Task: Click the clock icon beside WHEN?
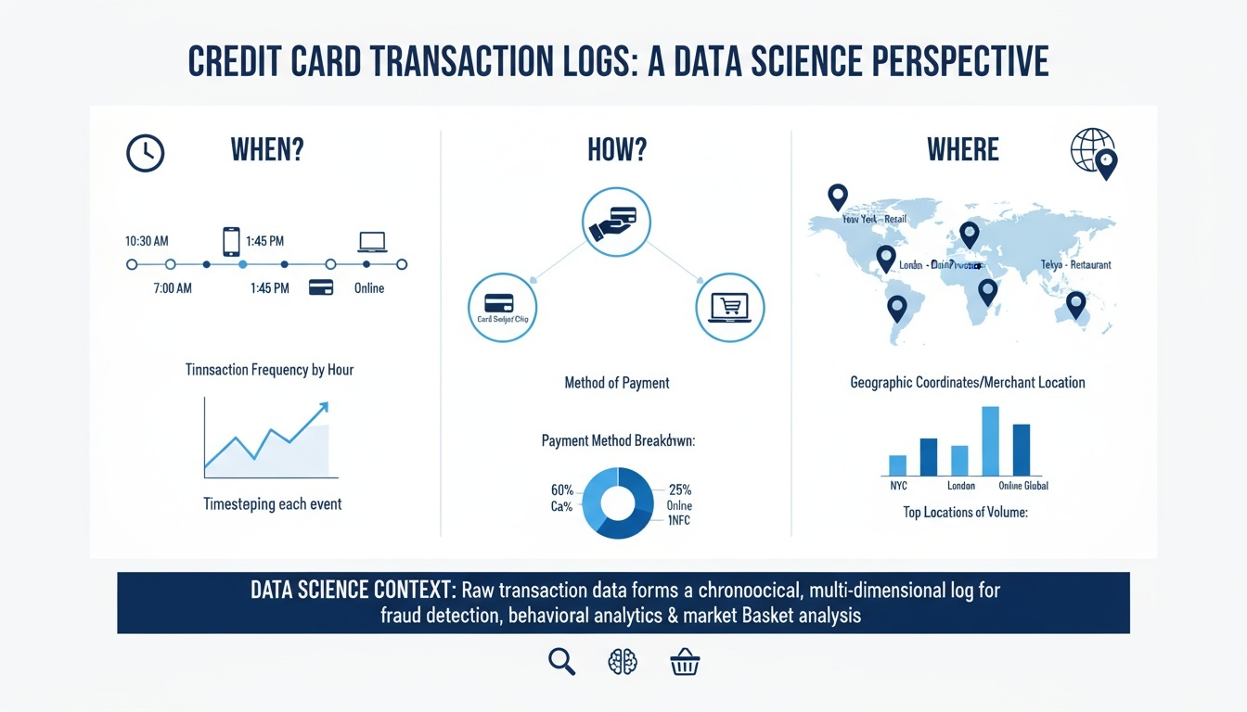point(145,153)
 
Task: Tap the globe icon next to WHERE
point(1093,152)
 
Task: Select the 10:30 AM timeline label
point(147,241)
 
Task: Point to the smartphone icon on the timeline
point(231,241)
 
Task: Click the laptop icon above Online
point(372,242)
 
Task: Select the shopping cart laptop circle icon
point(729,308)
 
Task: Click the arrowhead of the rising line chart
point(322,406)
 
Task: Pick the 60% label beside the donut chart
point(561,489)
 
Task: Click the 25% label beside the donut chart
point(679,489)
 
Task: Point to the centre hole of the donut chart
point(616,502)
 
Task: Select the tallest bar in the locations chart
point(990,440)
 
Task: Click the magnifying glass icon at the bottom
point(562,661)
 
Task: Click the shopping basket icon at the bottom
point(685,661)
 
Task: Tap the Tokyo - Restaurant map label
point(1075,264)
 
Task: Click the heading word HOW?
point(616,149)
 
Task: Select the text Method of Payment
point(616,382)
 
